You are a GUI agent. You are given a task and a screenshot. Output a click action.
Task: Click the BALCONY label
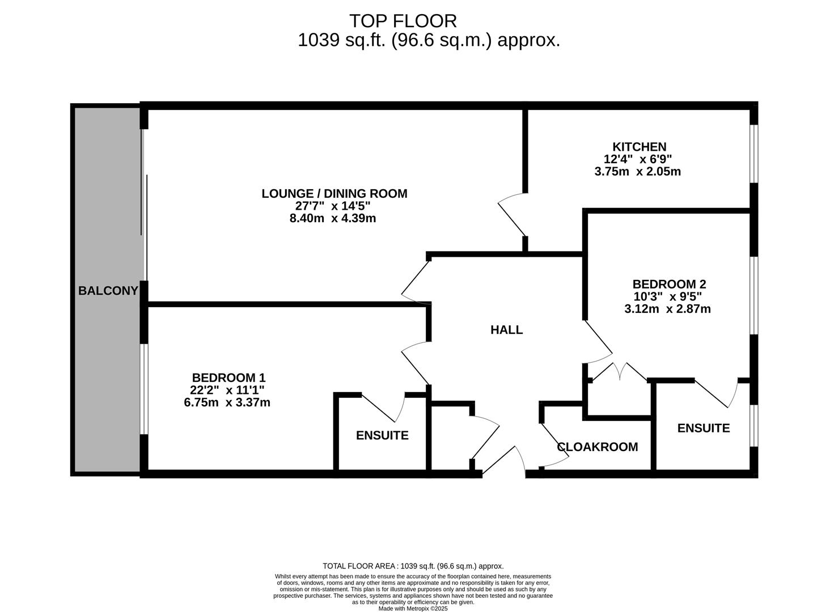coord(108,290)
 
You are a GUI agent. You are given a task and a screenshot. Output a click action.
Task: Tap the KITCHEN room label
coord(639,147)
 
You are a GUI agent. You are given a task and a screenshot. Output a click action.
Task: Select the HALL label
coord(506,329)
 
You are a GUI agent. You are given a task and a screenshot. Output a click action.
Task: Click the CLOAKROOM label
coord(598,447)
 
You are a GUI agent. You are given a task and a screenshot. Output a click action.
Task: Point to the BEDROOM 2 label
coord(669,284)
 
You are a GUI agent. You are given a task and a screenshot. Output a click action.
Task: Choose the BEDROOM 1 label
coord(228,377)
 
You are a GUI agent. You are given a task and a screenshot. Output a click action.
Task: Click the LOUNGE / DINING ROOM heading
coord(334,194)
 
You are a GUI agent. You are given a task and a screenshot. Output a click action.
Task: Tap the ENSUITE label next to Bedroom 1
coord(382,435)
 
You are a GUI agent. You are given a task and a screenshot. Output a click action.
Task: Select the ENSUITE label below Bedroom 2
coord(704,428)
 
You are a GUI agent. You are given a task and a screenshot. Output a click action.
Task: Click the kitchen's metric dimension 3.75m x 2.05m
coord(638,172)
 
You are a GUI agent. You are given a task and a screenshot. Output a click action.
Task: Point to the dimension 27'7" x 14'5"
coord(333,206)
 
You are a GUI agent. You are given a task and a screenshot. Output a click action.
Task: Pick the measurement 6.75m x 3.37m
coord(227,402)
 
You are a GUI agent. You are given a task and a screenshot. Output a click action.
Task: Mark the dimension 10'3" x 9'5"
coord(668,297)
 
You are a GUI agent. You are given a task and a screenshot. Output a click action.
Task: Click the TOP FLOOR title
coord(403,21)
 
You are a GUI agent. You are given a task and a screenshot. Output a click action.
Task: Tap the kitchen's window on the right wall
coord(753,154)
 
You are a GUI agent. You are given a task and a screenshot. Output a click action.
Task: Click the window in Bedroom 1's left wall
coord(144,389)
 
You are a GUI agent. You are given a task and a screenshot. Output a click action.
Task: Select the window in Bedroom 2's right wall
coord(753,296)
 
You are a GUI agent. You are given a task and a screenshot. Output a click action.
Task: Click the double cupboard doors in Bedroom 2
coord(619,372)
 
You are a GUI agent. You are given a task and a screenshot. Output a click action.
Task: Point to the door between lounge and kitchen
coord(512,215)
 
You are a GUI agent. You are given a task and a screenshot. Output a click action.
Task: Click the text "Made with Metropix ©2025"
coord(413,609)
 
